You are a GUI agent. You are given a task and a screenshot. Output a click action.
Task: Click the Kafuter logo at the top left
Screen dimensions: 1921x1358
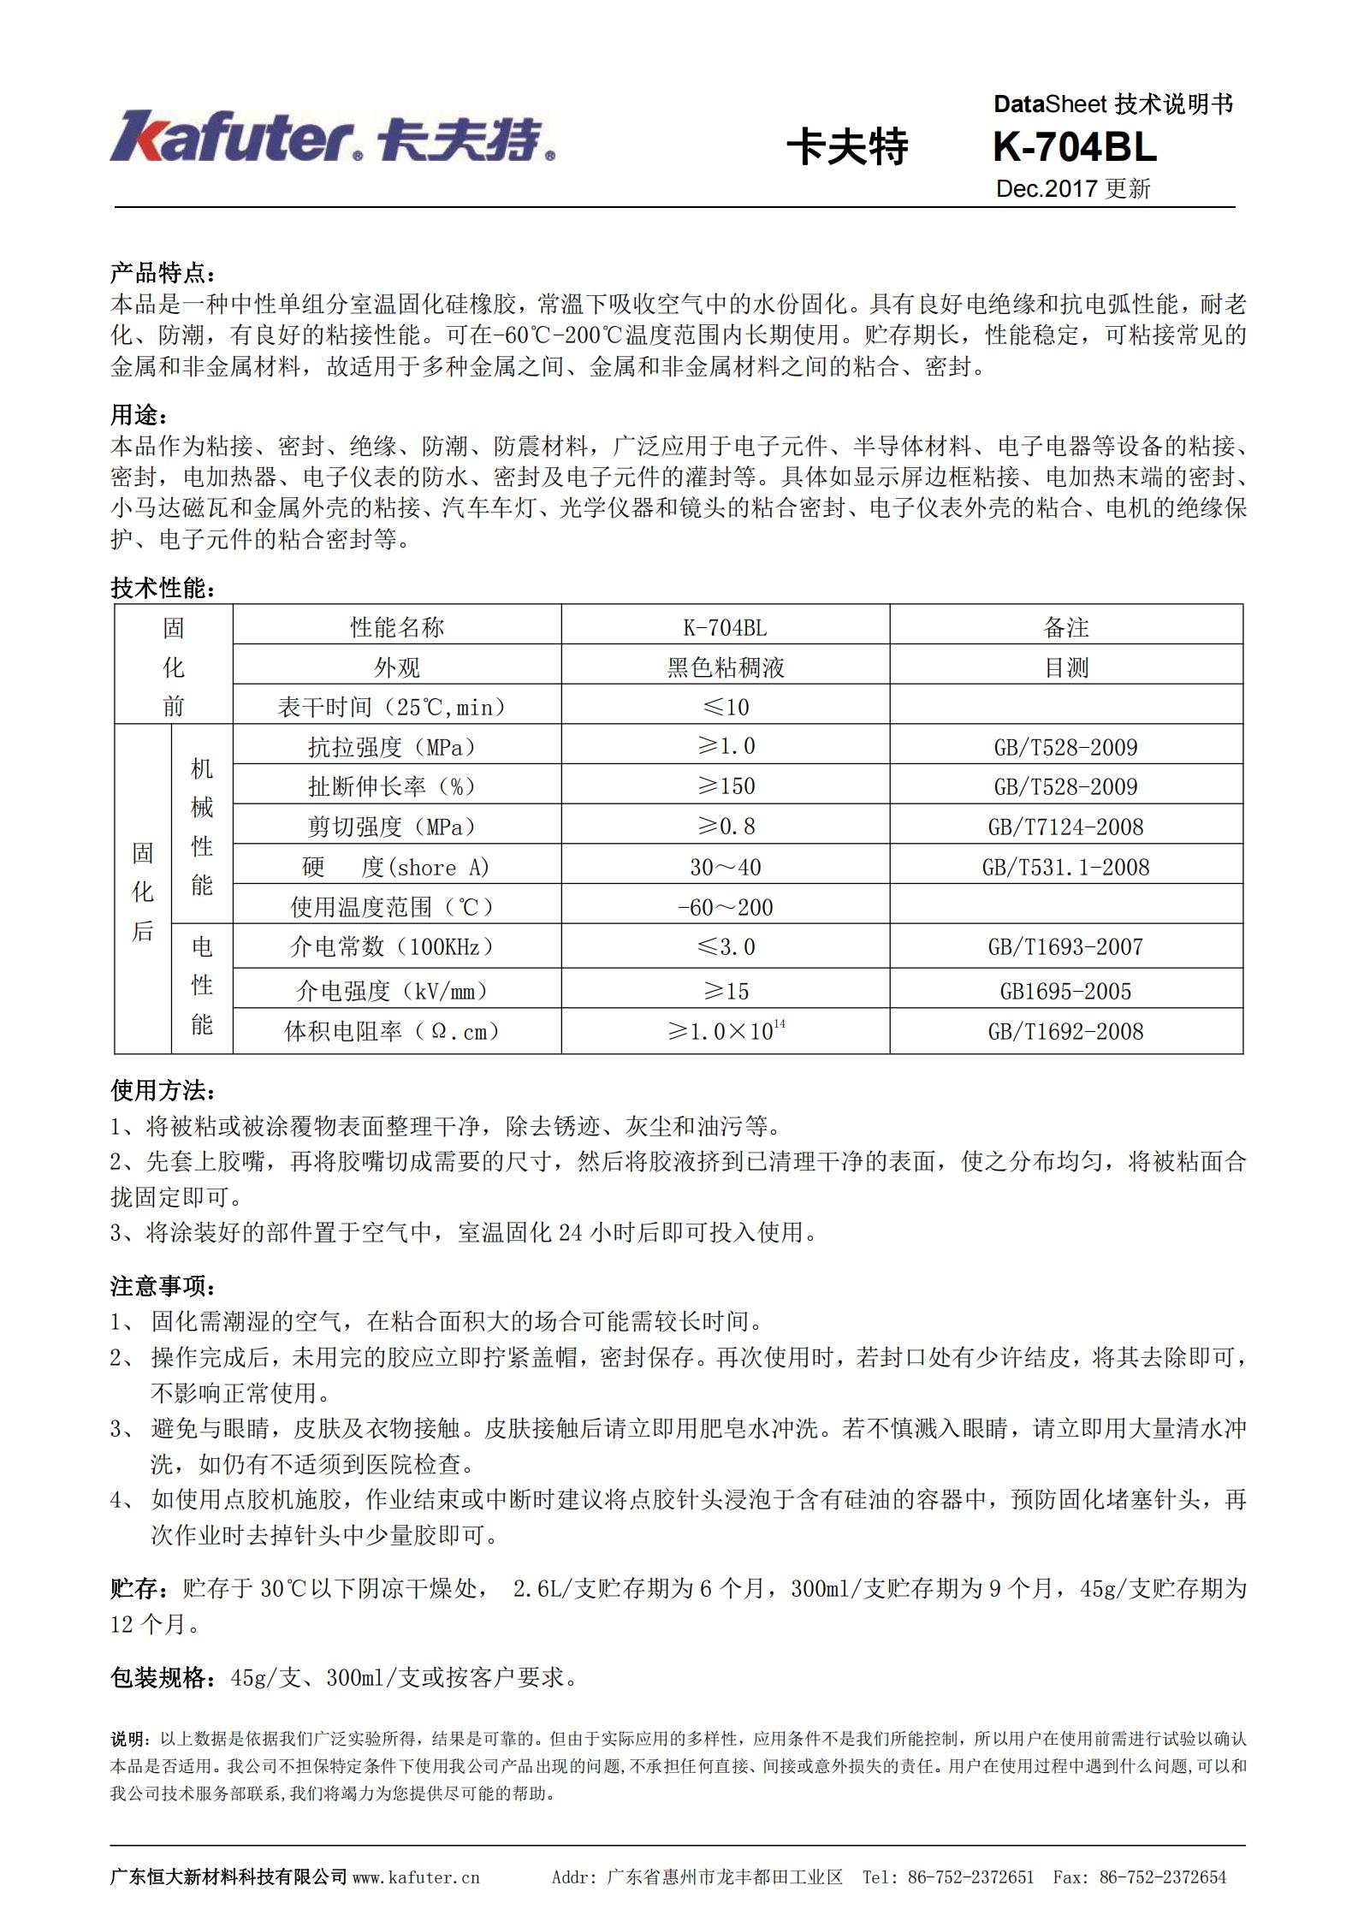point(332,138)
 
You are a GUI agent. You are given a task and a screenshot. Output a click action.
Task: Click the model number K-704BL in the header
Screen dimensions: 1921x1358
point(1074,148)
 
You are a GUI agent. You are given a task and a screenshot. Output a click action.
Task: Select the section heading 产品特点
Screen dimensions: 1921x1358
point(163,274)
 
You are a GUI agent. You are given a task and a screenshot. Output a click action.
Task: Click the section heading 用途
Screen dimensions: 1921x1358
point(139,416)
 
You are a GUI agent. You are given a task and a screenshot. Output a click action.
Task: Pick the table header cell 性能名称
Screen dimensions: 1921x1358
point(397,627)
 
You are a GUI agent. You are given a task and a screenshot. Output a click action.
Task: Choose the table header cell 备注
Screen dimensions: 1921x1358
point(1065,627)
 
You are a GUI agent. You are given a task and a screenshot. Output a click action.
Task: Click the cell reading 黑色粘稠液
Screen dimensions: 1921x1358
point(726,667)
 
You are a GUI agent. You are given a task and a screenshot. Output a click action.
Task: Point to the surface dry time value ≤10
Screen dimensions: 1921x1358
point(726,707)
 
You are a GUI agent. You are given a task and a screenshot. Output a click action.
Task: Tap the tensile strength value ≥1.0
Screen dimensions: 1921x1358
point(726,746)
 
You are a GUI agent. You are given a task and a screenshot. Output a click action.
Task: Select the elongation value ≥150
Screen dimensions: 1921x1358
point(726,786)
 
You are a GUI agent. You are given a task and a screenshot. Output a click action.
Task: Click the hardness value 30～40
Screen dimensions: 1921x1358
point(726,867)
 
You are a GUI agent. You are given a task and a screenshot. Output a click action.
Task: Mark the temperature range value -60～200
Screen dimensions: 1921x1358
point(726,907)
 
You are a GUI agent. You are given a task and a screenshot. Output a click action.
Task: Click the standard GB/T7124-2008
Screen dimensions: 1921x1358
point(1065,827)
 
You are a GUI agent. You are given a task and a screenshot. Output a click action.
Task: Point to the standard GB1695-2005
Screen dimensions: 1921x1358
point(1065,991)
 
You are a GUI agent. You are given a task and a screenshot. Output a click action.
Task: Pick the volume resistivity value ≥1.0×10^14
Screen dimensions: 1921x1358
point(726,1030)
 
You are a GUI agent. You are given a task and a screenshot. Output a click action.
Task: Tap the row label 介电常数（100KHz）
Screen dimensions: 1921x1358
point(397,946)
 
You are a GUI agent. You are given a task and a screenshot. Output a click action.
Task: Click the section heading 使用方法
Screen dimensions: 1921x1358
point(163,1091)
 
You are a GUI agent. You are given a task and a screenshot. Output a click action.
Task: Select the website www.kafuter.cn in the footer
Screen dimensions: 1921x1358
point(416,1877)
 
